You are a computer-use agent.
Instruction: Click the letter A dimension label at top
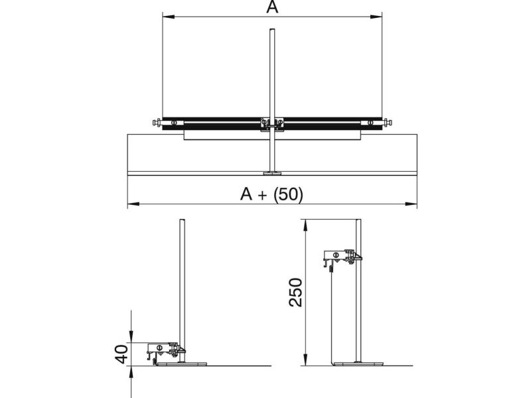(x=272, y=7)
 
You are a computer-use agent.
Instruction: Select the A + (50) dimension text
(x=271, y=194)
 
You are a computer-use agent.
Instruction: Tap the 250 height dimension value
(x=295, y=293)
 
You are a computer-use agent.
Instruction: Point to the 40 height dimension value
(x=122, y=354)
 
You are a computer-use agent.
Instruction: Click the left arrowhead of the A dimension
(x=169, y=16)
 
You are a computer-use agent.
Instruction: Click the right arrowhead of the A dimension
(x=376, y=16)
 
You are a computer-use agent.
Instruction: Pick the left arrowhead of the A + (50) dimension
(x=133, y=204)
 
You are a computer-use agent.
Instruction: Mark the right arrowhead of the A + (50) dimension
(x=411, y=204)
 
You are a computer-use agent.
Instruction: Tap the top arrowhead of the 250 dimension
(x=305, y=225)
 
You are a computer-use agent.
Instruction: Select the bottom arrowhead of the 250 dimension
(x=305, y=360)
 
